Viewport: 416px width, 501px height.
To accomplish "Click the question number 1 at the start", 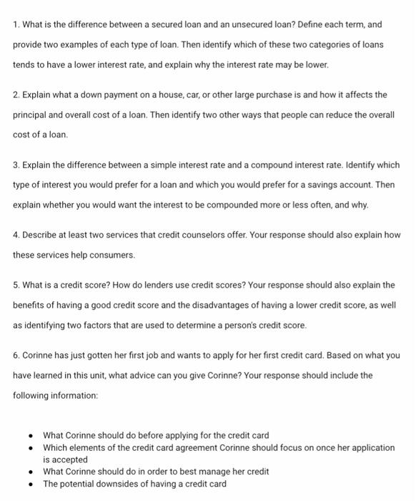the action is click(x=15, y=24).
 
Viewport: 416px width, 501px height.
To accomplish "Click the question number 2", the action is click(x=16, y=94).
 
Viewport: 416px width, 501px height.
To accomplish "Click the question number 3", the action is click(x=16, y=165).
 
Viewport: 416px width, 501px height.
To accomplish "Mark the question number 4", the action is click(x=16, y=235).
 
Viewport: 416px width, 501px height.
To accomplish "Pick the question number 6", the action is click(x=16, y=355).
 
